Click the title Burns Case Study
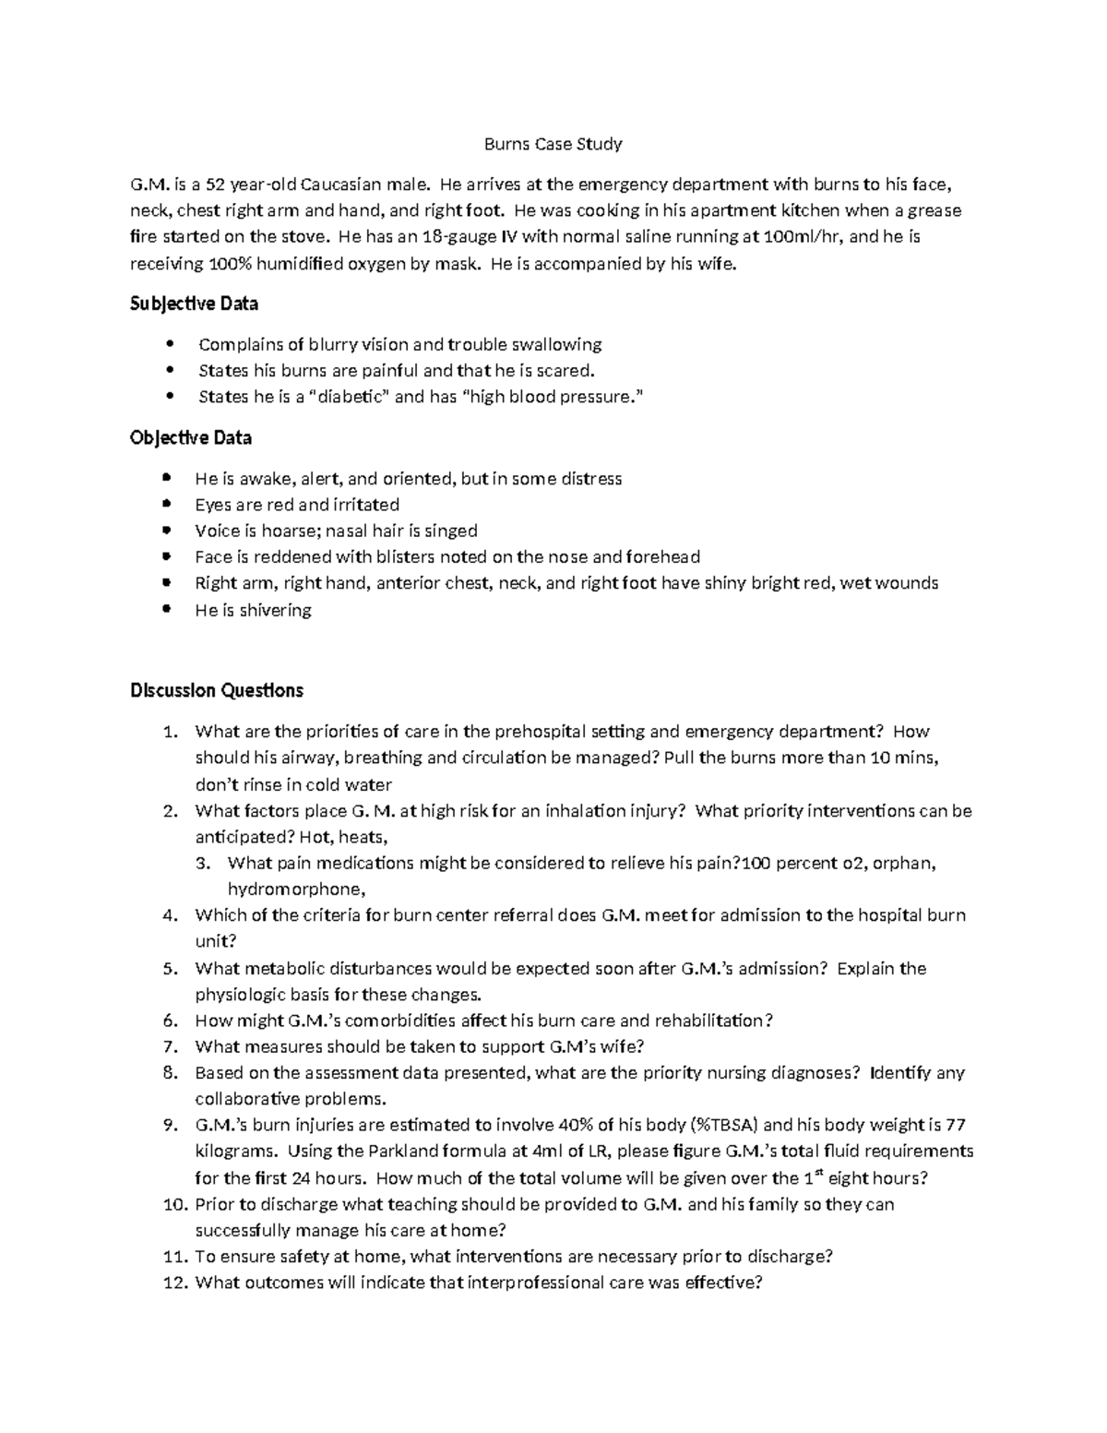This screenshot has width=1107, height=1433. coord(553,144)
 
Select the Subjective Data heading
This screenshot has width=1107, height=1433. coord(194,304)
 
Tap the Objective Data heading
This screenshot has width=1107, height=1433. coord(191,437)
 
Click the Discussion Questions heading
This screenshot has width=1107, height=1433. coord(217,690)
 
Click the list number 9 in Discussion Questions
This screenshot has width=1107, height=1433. coord(169,1125)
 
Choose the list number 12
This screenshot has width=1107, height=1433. coord(174,1283)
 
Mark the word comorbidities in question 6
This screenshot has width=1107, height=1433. coord(387,1021)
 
